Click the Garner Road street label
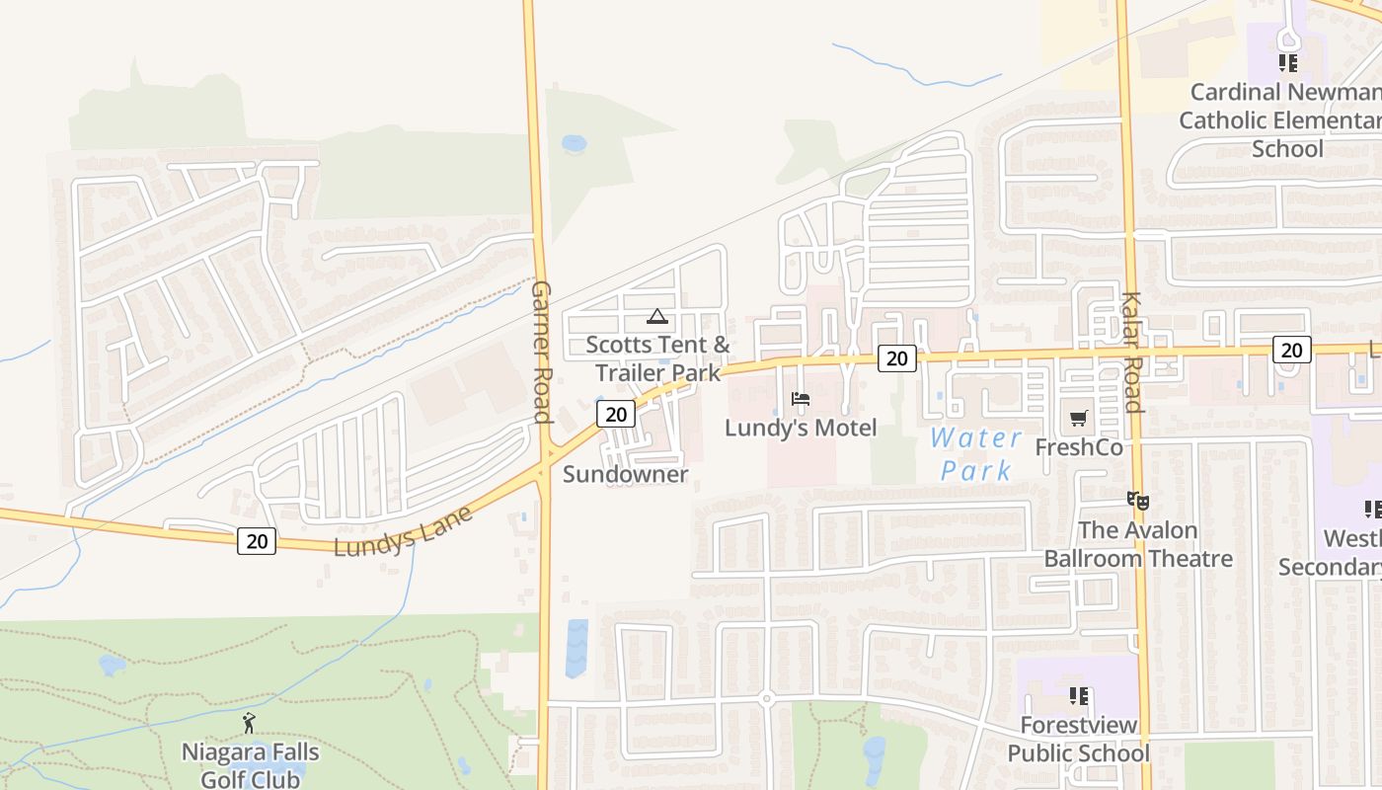pos(541,352)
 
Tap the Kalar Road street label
pos(1131,353)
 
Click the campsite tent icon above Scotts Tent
pos(656,317)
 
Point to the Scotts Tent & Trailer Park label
pos(658,358)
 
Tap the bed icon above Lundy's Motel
pos(801,399)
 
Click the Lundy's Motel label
pos(801,428)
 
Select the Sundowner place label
pos(625,474)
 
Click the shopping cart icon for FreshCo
pos(1079,419)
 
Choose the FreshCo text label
pos(1079,447)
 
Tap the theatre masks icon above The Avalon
pos(1138,501)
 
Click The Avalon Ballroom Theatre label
pos(1138,544)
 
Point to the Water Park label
pos(976,453)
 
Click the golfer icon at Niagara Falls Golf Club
pos(249,723)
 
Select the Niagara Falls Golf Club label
pos(250,765)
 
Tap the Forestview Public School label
pos(1078,740)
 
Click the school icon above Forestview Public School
pos(1079,696)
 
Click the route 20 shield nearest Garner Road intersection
pos(615,414)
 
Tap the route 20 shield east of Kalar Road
pos(1291,349)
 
